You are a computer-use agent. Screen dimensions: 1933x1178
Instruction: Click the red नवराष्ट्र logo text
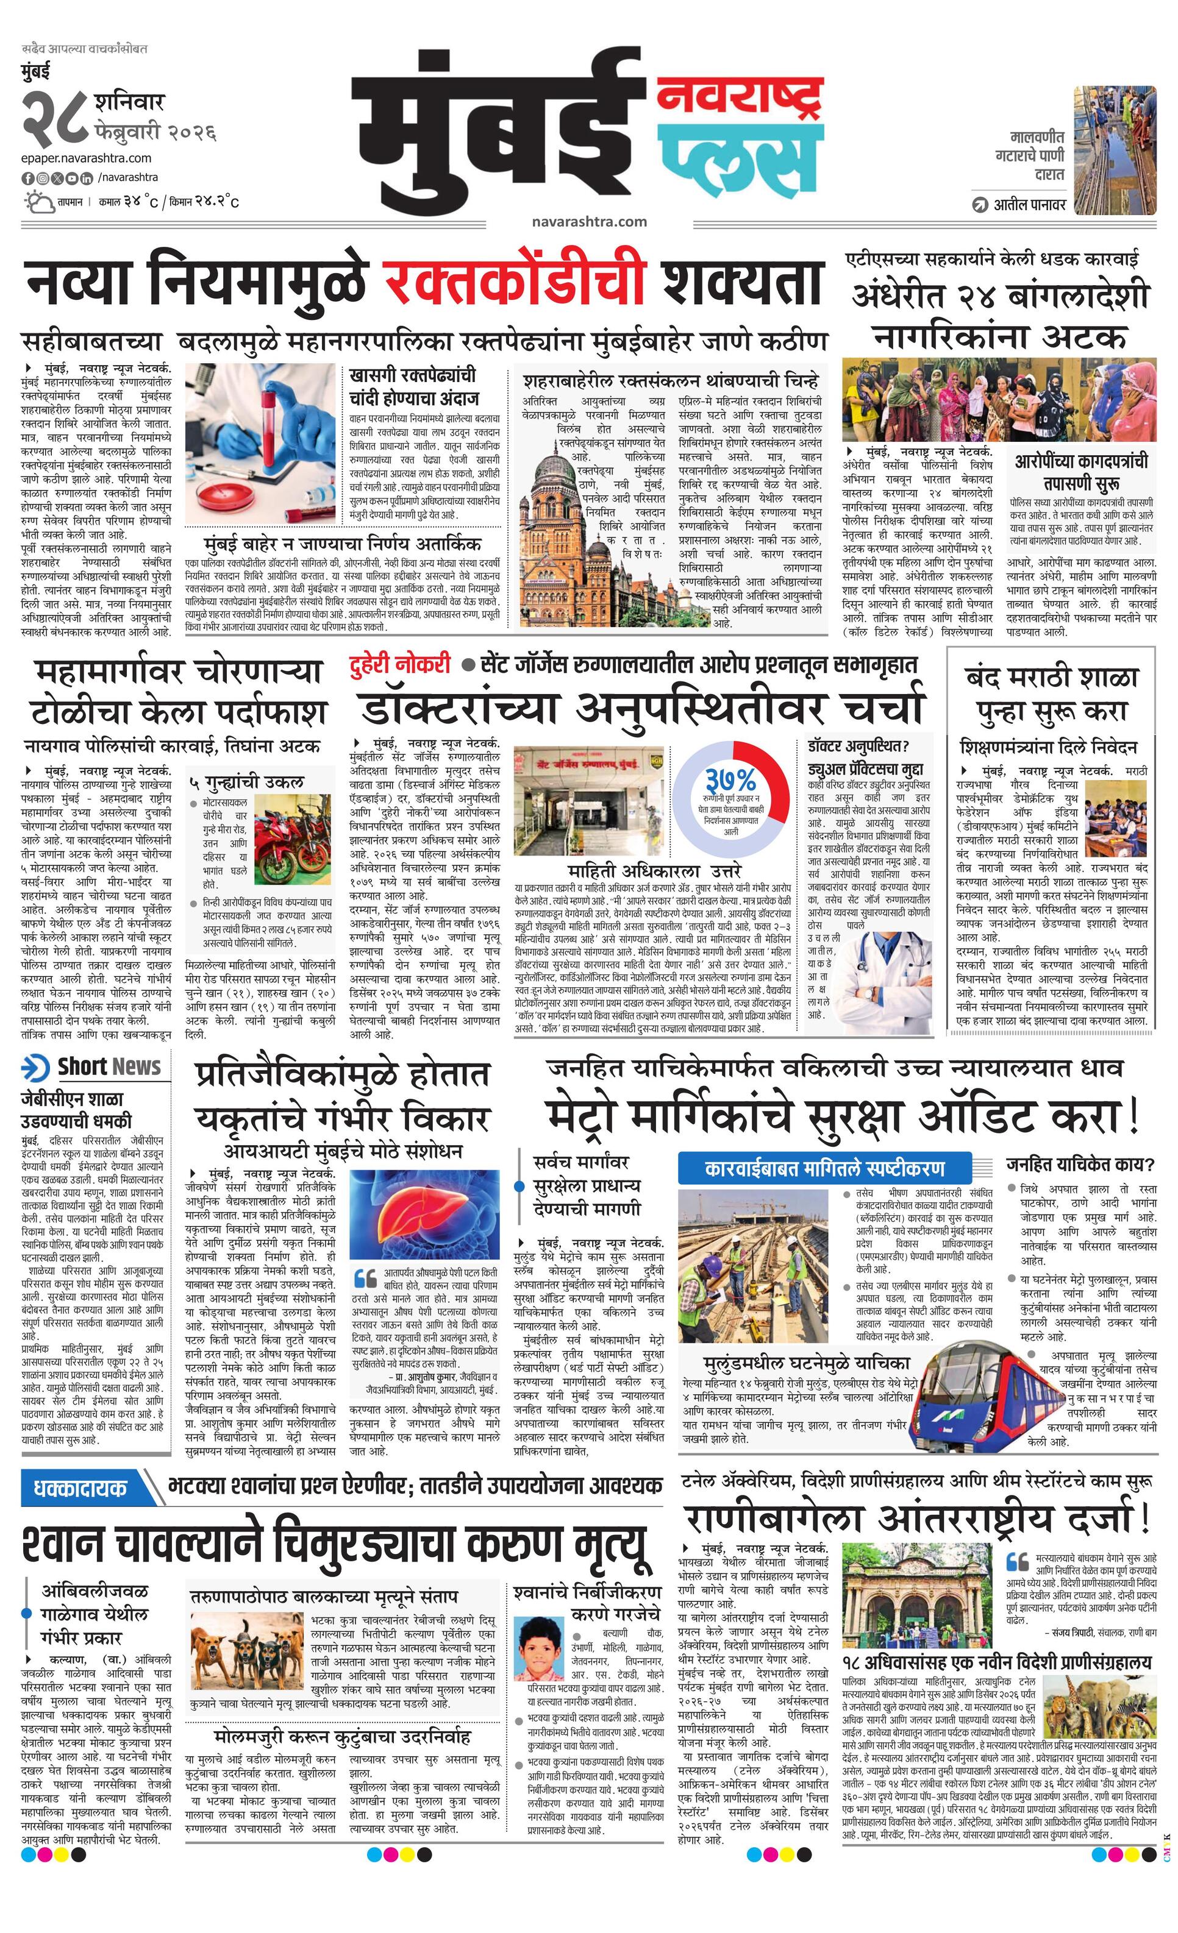pyautogui.click(x=739, y=96)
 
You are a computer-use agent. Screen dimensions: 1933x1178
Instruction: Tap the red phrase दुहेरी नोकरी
pyautogui.click(x=400, y=665)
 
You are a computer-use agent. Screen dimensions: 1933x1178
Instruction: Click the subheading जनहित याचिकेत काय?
pyautogui.click(x=1080, y=1163)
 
